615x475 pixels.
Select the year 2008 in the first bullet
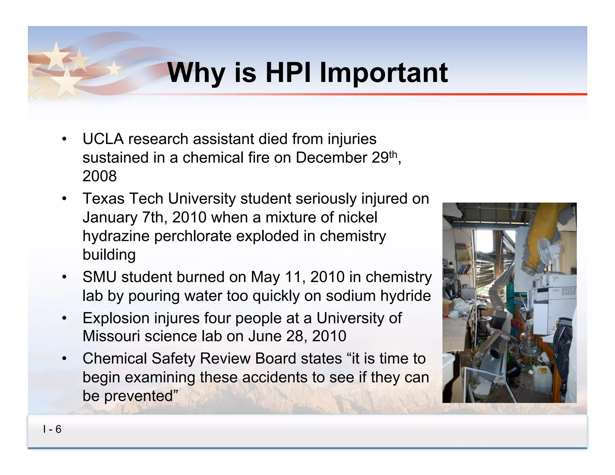99,176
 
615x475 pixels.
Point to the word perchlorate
193,236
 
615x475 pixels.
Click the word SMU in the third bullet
99,277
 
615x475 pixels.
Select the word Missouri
111,336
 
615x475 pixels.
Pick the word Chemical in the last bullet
115,359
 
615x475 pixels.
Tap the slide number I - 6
52,429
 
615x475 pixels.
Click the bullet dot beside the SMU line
64,277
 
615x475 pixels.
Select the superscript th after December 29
393,154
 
